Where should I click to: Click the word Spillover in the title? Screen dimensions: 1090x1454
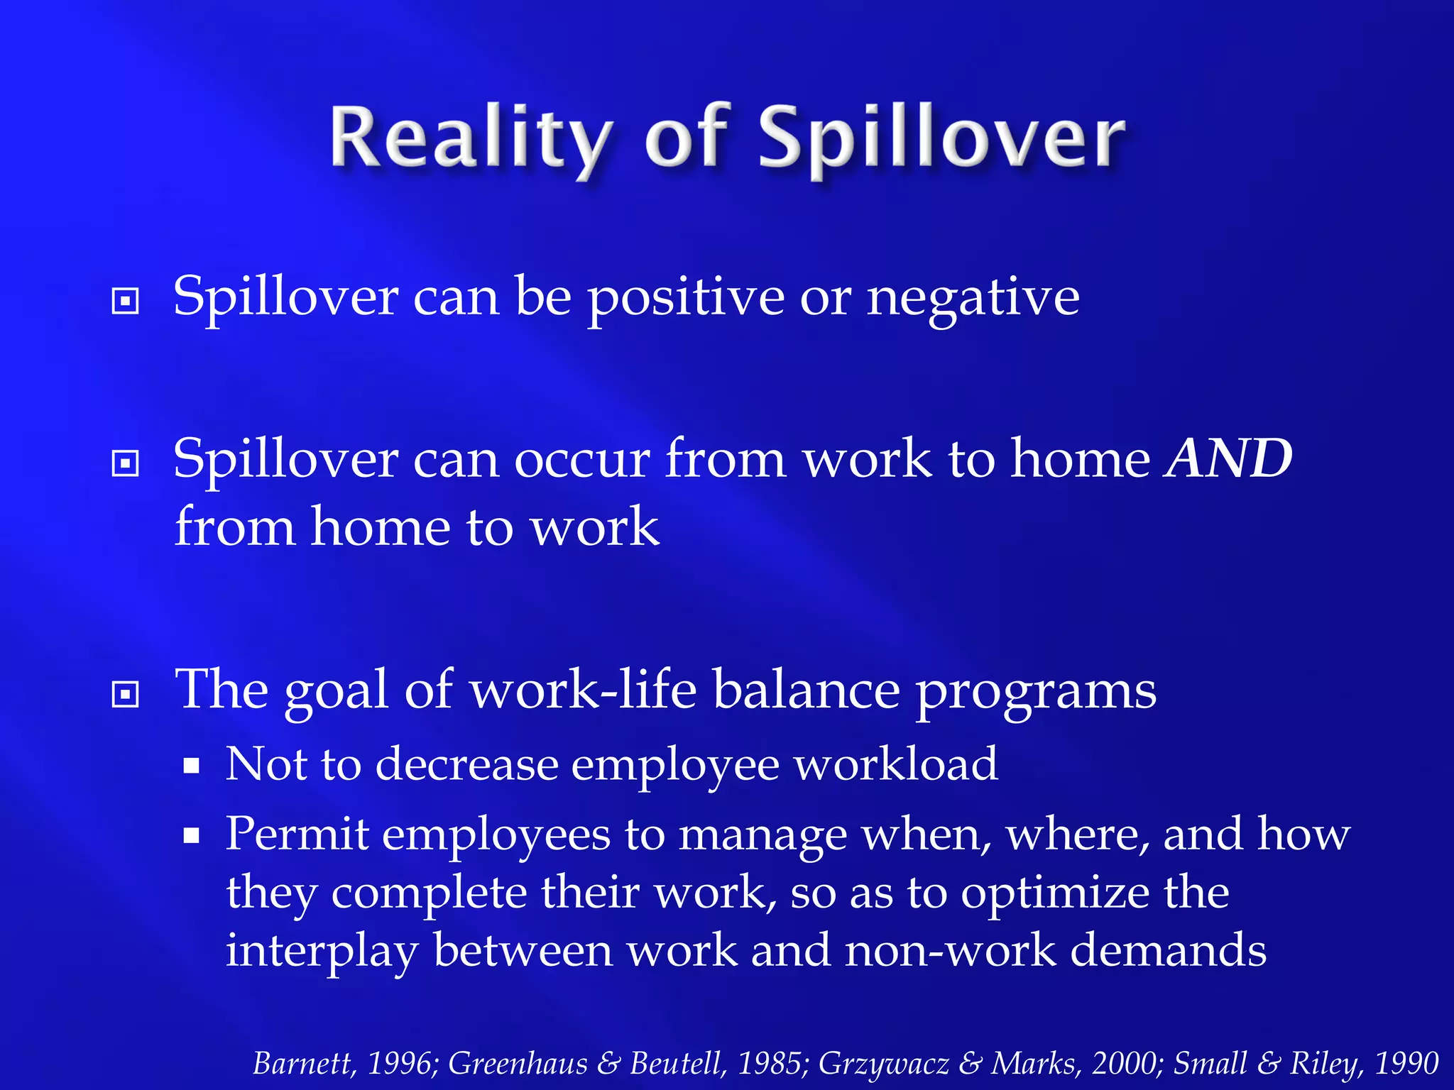(941, 138)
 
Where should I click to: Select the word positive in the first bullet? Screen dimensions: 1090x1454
(686, 298)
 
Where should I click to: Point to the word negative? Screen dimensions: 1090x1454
(973, 298)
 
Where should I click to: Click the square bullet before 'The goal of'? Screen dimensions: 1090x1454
(126, 694)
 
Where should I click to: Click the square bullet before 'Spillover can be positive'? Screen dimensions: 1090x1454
(126, 302)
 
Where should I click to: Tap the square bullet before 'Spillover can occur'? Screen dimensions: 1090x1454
(126, 464)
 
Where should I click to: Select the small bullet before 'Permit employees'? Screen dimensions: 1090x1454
(191, 835)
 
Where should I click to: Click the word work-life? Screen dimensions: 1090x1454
(583, 690)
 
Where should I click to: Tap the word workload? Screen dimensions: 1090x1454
(895, 764)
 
